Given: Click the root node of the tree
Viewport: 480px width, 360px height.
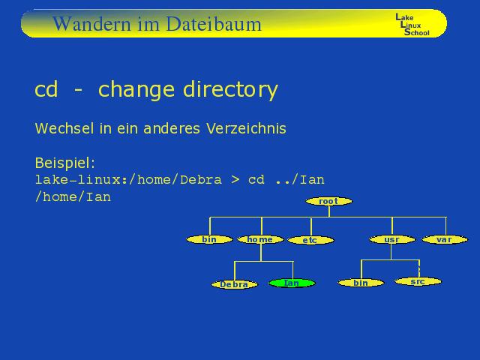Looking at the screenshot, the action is [x=329, y=201].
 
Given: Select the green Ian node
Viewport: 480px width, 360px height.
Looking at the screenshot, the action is [x=292, y=283].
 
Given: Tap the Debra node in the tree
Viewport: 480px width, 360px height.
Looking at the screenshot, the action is [x=235, y=284].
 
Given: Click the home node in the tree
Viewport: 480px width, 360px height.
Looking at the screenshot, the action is [x=260, y=239].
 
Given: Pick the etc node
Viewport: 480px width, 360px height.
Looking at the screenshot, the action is [x=310, y=240].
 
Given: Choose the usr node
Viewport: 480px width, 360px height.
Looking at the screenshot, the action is [x=392, y=239].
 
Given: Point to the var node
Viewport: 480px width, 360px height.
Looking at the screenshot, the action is [x=445, y=239].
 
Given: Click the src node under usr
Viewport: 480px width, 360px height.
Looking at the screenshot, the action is [x=418, y=281].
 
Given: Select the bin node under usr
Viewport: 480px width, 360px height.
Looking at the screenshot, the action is [x=361, y=283].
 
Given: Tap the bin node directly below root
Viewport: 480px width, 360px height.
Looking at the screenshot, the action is [x=210, y=239].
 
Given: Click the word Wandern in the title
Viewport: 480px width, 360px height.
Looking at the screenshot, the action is [x=91, y=24].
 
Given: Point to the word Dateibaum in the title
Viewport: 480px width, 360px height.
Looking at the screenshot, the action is [x=214, y=24].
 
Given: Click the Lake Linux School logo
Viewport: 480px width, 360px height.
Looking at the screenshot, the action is [x=412, y=25].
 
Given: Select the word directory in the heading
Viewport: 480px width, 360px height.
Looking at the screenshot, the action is [x=230, y=89].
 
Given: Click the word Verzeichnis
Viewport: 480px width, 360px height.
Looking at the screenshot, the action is [x=246, y=128].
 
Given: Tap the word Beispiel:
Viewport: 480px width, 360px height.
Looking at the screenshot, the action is [x=65, y=163].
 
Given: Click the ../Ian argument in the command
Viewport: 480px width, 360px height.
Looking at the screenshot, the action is [x=300, y=180].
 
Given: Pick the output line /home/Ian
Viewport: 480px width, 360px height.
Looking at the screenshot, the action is [x=73, y=196].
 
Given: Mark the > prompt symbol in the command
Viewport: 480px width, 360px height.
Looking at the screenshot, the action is [x=235, y=180].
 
